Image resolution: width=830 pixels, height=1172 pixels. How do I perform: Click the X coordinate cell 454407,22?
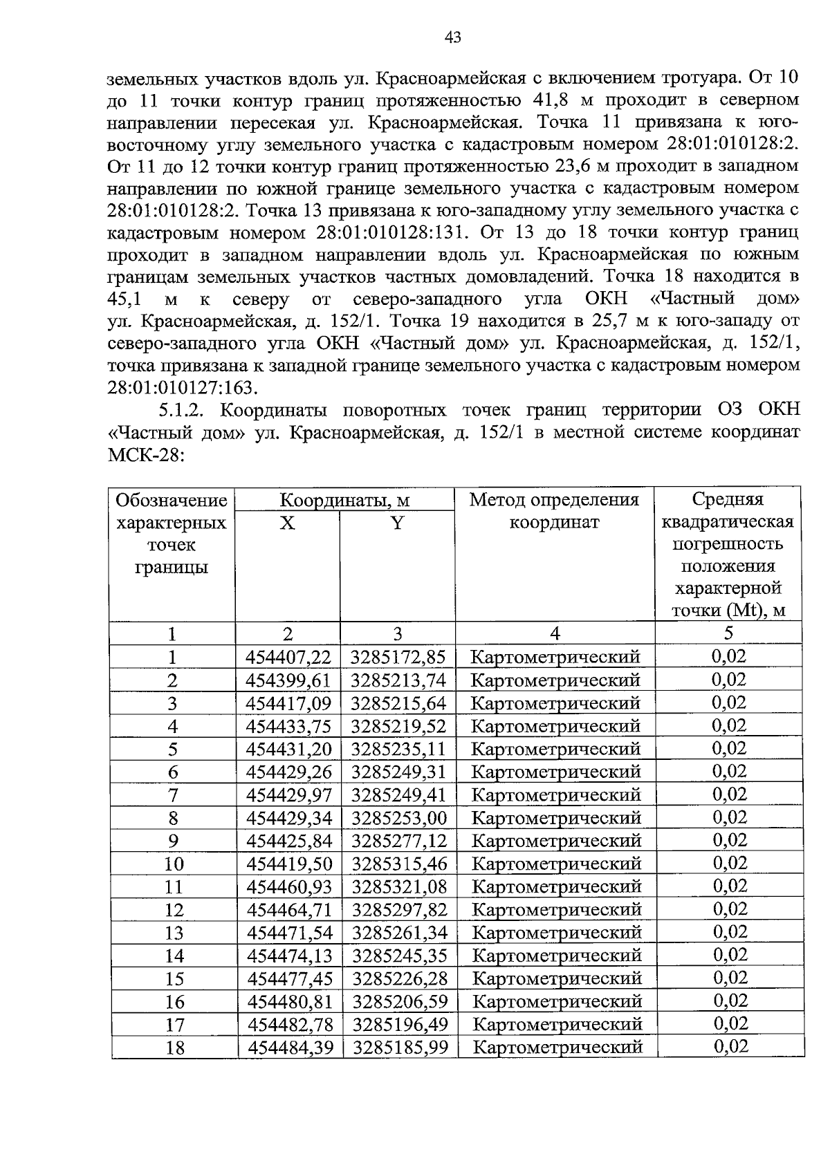(288, 657)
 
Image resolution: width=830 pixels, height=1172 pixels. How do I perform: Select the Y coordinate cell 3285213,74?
(398, 680)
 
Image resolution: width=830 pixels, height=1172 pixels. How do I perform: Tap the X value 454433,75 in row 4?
(288, 726)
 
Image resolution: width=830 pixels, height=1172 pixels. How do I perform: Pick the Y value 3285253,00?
(399, 818)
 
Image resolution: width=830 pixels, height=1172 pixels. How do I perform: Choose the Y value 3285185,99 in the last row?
(400, 1047)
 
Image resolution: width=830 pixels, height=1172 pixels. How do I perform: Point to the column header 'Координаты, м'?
(344, 500)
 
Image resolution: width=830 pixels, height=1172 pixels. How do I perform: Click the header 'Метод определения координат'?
(554, 510)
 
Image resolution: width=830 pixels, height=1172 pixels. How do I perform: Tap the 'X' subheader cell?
(287, 523)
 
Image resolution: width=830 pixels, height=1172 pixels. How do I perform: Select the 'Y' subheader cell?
(397, 523)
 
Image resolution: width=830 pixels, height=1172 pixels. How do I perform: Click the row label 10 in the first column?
(174, 864)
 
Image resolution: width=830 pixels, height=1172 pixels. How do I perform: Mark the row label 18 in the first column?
(175, 1048)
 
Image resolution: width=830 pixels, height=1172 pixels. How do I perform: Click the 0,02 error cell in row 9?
(729, 841)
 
